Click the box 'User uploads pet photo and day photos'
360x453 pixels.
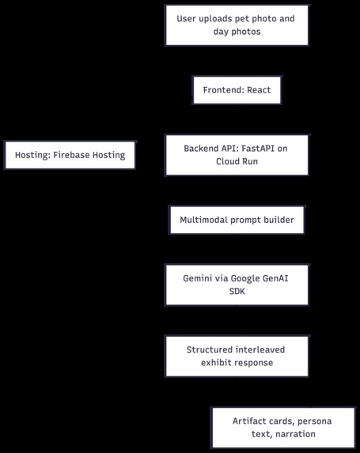(237, 25)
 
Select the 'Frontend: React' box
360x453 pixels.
(237, 90)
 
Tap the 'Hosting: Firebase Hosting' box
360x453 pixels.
(70, 155)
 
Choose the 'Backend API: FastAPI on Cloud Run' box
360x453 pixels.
(237, 155)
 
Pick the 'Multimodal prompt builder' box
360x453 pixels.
(237, 220)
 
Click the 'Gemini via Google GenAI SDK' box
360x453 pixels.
(237, 285)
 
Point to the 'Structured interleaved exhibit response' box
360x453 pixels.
(237, 356)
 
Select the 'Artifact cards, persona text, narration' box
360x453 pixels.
(283, 428)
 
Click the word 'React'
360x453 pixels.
(259, 90)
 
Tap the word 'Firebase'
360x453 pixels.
(71, 155)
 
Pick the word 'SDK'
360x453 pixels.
(237, 291)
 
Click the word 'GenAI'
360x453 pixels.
(275, 278)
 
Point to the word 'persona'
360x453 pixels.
(314, 421)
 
